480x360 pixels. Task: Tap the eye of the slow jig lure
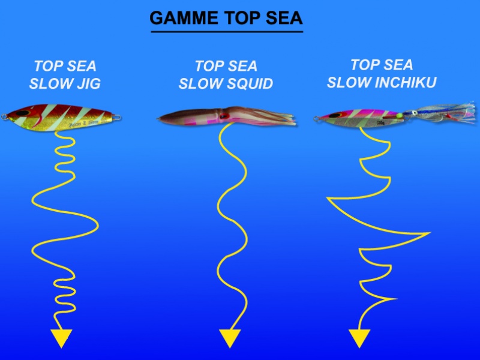coord(22,112)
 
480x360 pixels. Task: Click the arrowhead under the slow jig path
coord(61,338)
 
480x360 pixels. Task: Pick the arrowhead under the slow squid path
coord(230,338)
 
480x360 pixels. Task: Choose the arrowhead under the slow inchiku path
coord(359,338)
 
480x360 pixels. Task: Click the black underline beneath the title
coord(226,32)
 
